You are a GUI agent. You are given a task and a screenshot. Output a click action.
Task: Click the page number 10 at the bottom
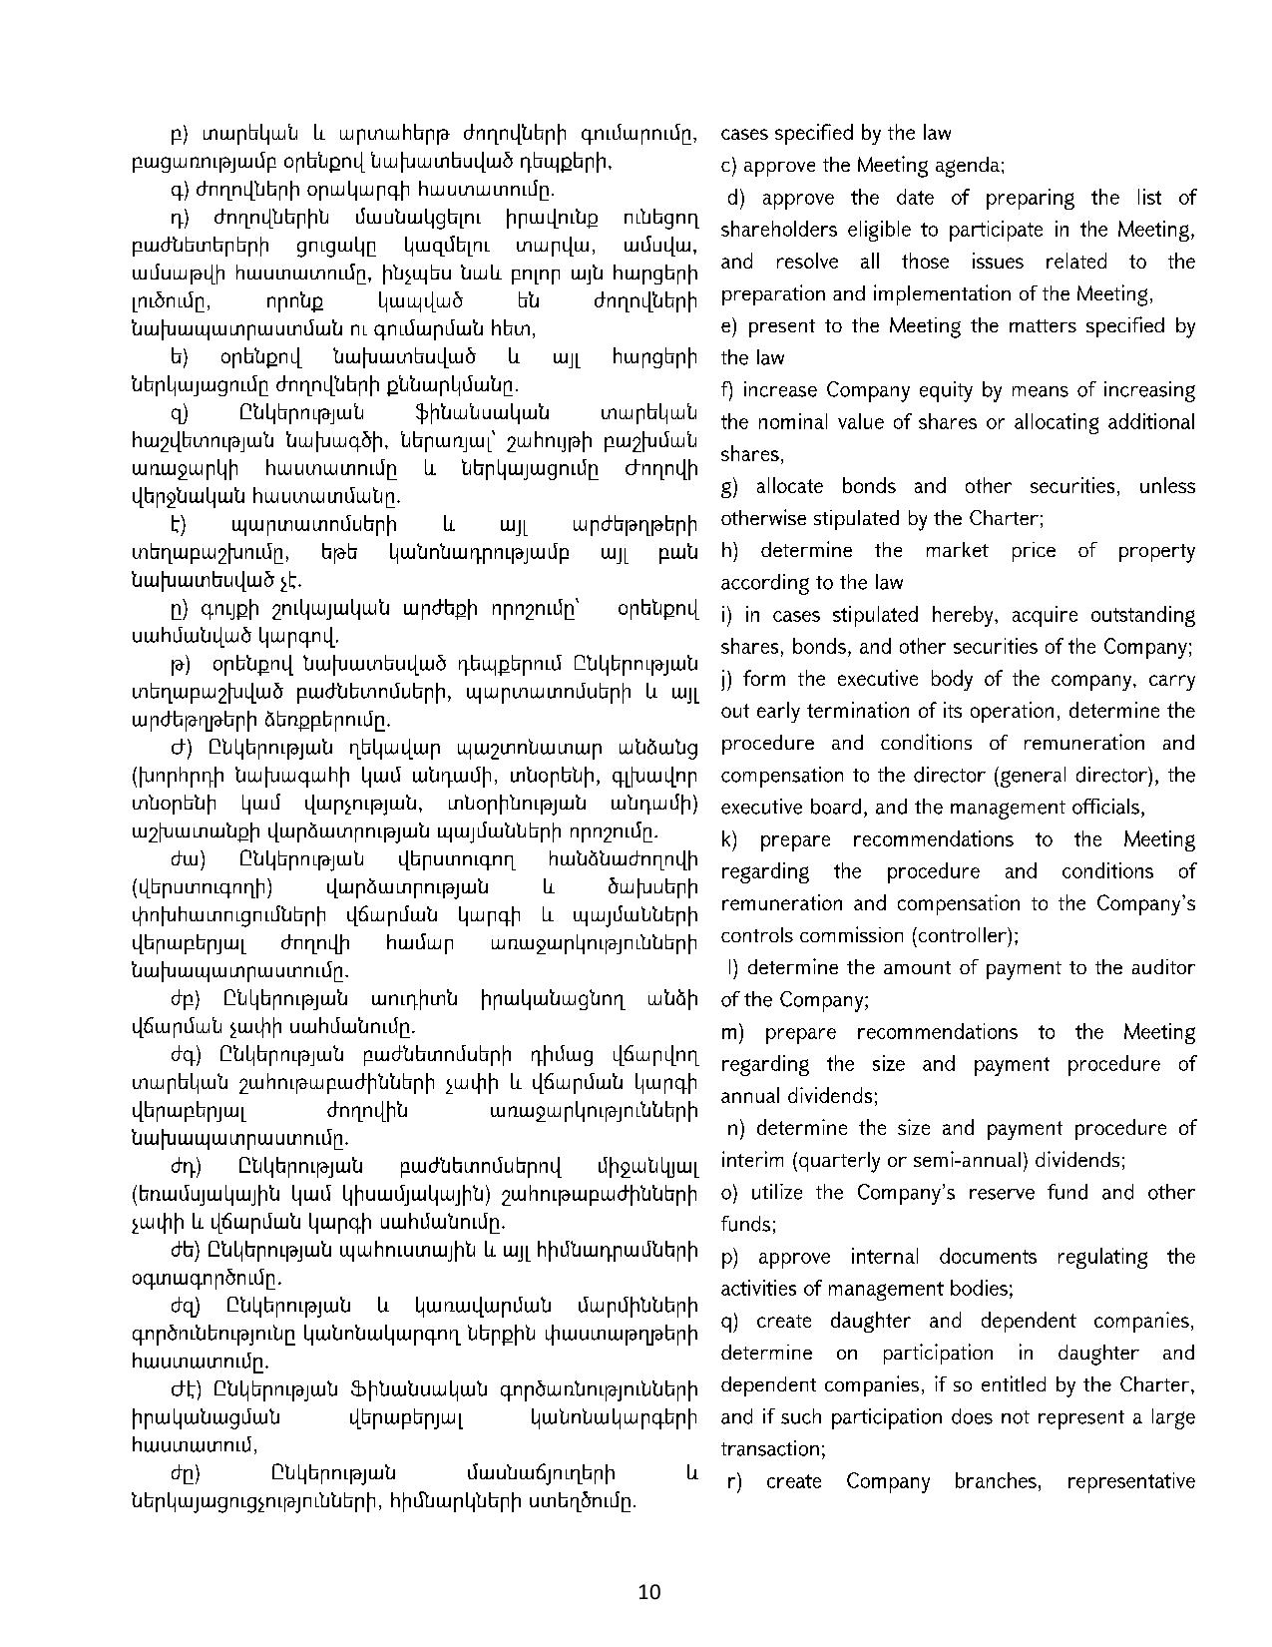point(648,1592)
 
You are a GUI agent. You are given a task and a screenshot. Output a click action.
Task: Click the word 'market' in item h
point(956,551)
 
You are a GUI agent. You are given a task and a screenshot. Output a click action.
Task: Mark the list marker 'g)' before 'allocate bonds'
point(729,487)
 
